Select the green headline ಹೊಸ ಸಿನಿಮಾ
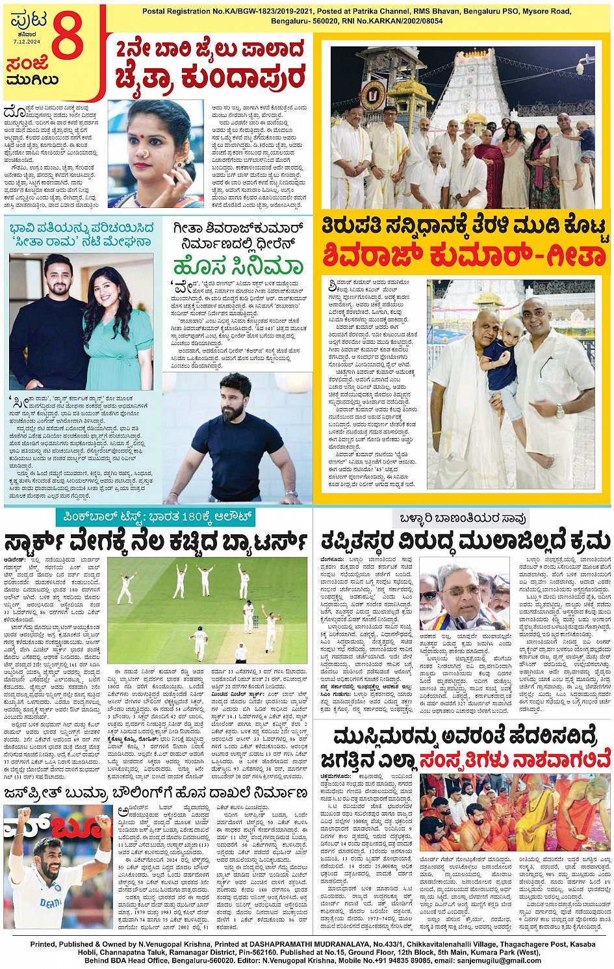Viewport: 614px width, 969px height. pos(238,266)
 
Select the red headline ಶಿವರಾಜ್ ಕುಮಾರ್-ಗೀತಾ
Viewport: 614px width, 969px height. pos(465,255)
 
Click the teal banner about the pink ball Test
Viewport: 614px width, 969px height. pos(155,517)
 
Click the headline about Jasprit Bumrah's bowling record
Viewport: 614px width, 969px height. pos(156,793)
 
